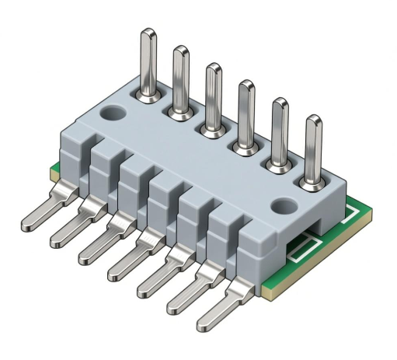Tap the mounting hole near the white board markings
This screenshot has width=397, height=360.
coord(282,205)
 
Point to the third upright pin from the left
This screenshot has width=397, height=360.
coord(213,97)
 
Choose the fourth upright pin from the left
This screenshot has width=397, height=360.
coord(246,113)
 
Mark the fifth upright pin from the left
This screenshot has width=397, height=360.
coord(280,132)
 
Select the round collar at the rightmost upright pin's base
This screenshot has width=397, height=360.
coord(313,183)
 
